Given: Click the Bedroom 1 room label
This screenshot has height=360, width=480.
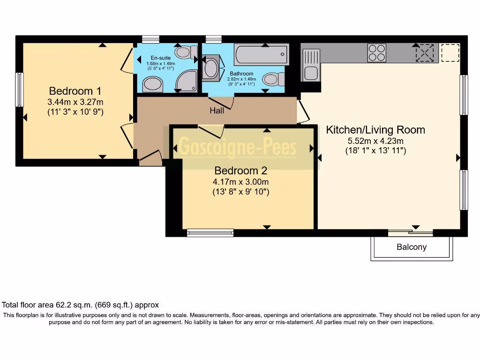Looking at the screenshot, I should point(75,91).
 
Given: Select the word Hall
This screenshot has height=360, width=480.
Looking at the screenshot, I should point(217,111).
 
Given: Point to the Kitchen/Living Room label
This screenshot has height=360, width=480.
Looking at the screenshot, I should point(375,130).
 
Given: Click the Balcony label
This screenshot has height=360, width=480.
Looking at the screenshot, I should point(412,247).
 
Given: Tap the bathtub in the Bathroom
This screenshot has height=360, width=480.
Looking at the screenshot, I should point(261,54).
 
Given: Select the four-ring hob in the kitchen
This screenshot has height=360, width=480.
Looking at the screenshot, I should point(376,52).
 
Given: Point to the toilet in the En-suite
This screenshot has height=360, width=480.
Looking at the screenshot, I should point(187,52).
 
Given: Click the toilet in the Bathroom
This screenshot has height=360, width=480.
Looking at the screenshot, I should point(273,79).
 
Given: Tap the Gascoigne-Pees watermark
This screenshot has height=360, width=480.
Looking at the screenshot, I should point(239,148).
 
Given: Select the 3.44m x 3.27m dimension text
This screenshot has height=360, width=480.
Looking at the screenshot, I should point(75,102).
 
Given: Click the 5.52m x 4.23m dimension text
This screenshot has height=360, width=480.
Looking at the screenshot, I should point(375,141).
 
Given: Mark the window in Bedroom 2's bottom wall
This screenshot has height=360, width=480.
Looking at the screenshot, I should point(210,232).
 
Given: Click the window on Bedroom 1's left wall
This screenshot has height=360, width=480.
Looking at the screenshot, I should point(19,90).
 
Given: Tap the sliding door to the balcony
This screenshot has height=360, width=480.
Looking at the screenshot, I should point(410,232).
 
